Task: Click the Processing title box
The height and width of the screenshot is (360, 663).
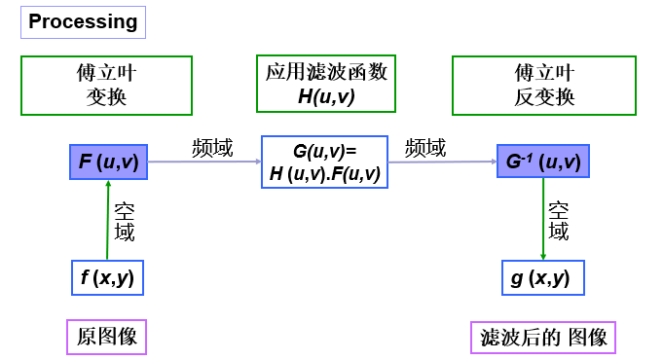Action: (x=83, y=21)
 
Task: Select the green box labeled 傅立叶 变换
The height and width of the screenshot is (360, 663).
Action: (x=106, y=85)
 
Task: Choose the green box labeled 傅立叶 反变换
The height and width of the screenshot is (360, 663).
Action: (x=544, y=85)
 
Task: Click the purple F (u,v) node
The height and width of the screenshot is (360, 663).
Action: (x=108, y=162)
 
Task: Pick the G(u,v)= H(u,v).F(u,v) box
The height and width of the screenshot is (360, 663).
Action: (x=325, y=162)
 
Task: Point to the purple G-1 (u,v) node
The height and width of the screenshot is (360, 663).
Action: (x=543, y=162)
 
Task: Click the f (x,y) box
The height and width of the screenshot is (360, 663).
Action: (x=107, y=277)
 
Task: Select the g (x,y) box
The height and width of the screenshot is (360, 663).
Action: (x=542, y=277)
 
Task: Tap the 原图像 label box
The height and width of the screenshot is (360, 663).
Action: (x=106, y=337)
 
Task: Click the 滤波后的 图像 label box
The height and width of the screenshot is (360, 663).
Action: (x=543, y=338)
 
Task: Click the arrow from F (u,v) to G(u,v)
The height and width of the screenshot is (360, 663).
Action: (x=204, y=162)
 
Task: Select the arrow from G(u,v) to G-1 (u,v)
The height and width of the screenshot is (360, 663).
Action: (x=442, y=162)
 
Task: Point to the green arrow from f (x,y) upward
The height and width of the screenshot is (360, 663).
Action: (x=108, y=220)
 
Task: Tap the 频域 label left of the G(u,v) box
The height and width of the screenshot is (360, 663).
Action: (x=212, y=148)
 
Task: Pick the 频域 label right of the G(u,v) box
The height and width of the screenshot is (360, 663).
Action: (x=425, y=148)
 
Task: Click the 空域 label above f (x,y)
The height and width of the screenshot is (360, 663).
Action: (x=125, y=221)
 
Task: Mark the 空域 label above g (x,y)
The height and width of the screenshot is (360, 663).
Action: (x=559, y=221)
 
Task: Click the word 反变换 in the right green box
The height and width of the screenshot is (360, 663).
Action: (x=544, y=97)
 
